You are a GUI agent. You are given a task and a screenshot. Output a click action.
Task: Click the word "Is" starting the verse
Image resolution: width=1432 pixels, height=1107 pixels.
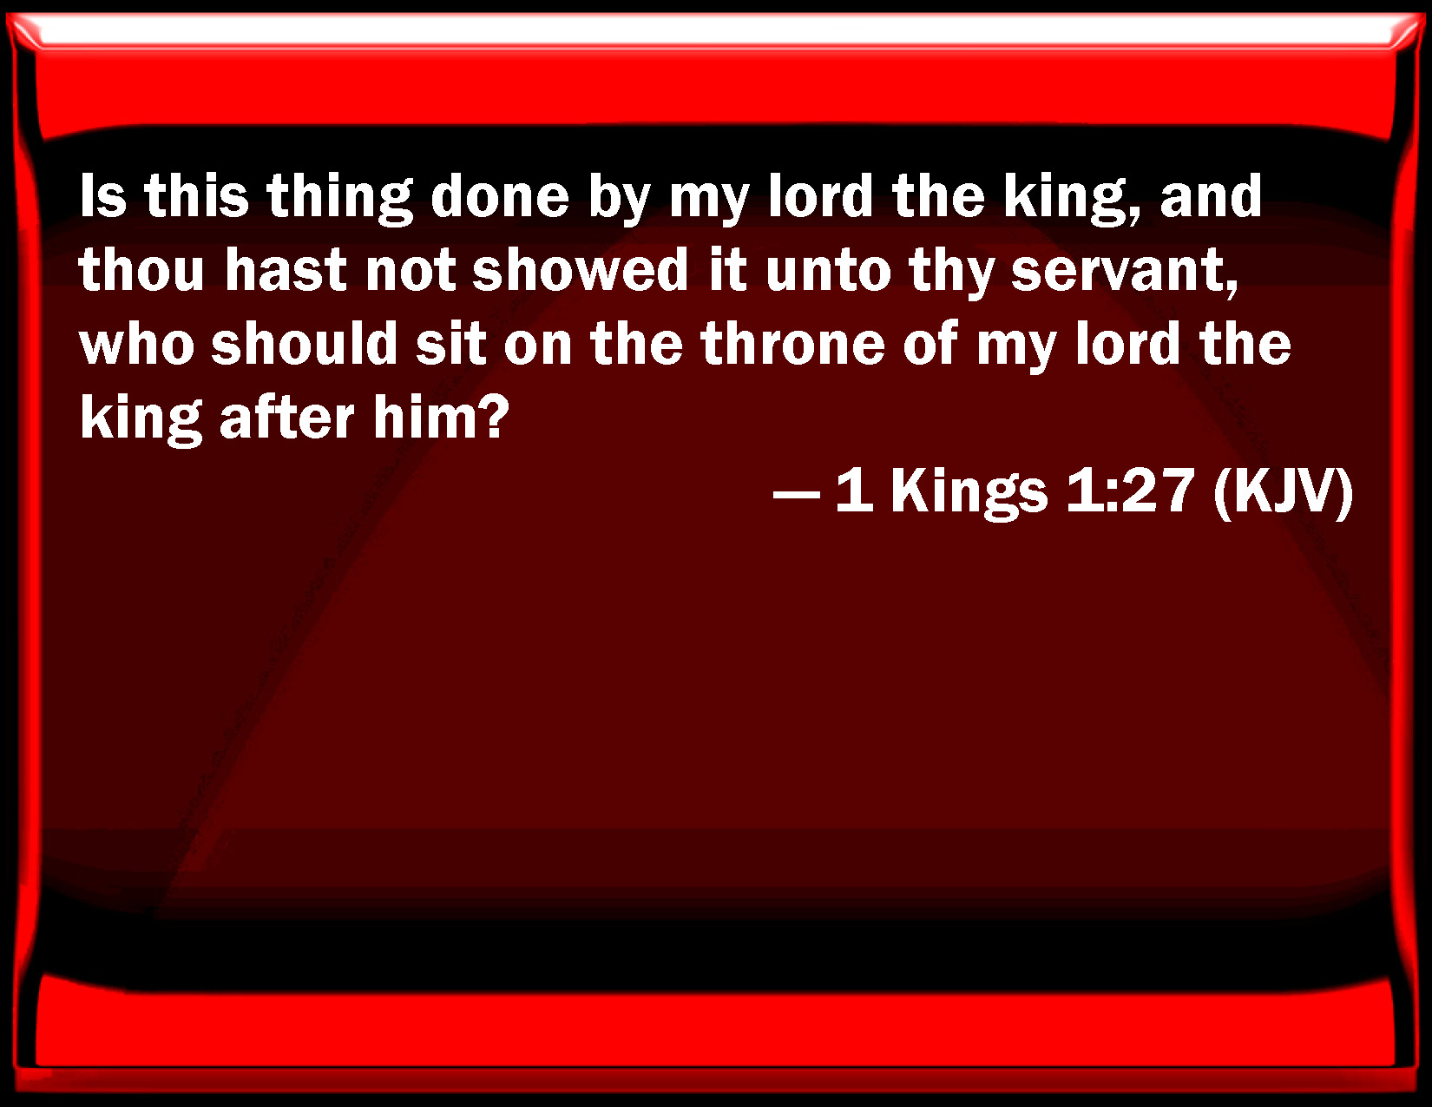tap(102, 196)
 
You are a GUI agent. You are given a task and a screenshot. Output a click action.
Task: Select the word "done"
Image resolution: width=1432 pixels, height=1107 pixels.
tap(499, 196)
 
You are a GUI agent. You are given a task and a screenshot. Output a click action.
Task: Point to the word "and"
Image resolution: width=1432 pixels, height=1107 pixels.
tap(1211, 196)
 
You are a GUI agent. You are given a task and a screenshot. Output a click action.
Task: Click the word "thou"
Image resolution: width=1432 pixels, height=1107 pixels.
tap(141, 270)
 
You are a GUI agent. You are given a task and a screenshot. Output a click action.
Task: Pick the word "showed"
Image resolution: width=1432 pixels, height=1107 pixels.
tap(581, 270)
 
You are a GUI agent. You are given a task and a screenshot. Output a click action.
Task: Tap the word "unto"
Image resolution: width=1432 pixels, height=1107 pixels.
tap(828, 271)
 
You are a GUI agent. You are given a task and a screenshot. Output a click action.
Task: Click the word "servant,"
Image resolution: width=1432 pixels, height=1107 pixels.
tap(1124, 273)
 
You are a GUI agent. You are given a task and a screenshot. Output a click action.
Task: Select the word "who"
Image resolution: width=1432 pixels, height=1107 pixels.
tap(136, 343)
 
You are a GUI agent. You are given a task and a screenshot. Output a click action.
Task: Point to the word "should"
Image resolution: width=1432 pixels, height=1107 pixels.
tap(304, 343)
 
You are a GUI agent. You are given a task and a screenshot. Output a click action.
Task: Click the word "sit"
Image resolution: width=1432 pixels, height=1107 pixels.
tap(450, 343)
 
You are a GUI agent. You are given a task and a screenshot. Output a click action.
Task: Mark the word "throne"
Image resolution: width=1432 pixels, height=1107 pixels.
tap(792, 343)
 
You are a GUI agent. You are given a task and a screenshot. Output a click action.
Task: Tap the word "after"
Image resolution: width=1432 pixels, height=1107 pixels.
tap(287, 418)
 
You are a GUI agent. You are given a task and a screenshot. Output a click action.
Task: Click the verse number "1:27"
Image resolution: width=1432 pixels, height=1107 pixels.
tap(1129, 491)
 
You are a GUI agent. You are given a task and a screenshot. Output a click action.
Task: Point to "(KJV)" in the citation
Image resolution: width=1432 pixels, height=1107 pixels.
tap(1283, 494)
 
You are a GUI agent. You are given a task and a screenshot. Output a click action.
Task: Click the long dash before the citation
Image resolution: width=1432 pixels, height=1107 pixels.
tap(796, 492)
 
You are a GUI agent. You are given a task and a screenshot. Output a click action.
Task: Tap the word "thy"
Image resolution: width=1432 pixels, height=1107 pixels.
tap(951, 273)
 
